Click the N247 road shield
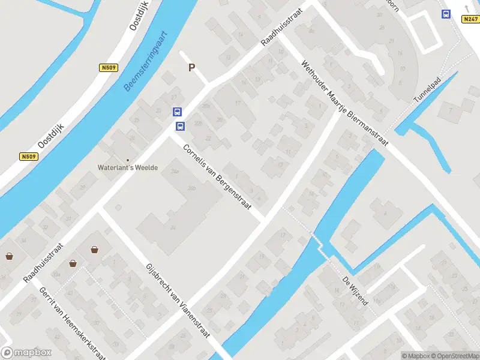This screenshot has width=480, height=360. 470,19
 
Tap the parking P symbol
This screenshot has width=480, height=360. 192,68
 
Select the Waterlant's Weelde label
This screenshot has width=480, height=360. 128,167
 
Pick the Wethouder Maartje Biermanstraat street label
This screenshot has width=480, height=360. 344,103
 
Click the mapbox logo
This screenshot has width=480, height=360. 27,353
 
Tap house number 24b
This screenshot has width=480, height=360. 192,188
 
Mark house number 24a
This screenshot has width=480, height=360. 175,171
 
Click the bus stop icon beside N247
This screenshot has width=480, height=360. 445,14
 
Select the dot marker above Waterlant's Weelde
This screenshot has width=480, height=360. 128,160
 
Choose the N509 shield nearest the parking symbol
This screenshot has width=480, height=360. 108,68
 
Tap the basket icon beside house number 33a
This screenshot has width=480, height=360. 73,263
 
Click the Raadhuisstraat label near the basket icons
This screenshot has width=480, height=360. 44,263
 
